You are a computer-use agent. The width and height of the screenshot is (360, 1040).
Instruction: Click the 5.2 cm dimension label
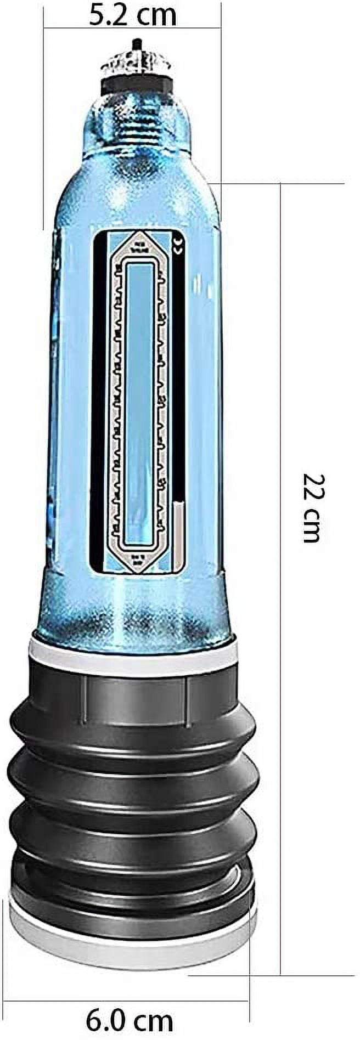(132, 15)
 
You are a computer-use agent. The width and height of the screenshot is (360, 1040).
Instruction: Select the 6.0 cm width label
(129, 1021)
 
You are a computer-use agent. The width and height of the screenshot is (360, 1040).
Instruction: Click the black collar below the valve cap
(135, 84)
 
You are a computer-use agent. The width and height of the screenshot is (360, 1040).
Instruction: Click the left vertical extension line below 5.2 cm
(44, 126)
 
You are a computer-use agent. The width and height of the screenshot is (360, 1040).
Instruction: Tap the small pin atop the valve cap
(134, 43)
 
